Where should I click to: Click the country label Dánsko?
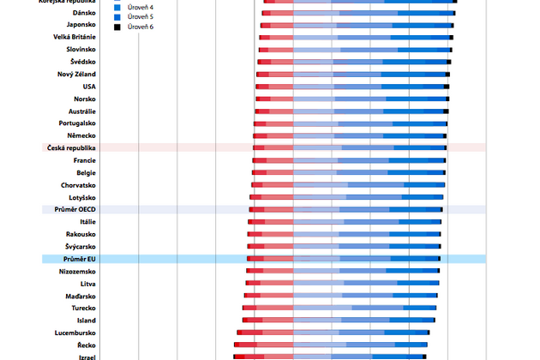pos(84,13)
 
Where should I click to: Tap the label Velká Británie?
pos(75,37)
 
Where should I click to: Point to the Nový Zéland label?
pos(76,75)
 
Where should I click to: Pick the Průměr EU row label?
pos(79,259)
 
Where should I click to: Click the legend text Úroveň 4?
pos(140,7)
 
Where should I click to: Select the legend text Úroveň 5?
pos(140,17)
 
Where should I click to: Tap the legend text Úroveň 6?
pos(140,27)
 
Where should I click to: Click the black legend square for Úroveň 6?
pos(117,27)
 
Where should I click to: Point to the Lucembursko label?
pos(75,333)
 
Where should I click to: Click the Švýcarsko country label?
pos(81,247)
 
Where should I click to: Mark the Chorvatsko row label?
pos(78,185)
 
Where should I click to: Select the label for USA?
pos(89,87)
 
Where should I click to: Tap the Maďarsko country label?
pos(81,296)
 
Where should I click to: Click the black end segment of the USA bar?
pos(447,87)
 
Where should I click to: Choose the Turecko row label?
pos(83,308)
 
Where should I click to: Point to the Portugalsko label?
pos(76,123)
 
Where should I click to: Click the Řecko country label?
pos(85,345)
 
